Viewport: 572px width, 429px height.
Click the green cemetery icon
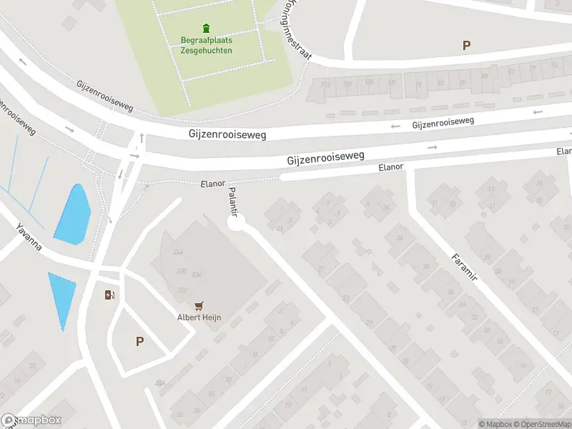[x=207, y=29]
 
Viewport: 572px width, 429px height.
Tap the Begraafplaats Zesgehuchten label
[x=206, y=45]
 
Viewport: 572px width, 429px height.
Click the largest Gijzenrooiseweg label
[x=326, y=157]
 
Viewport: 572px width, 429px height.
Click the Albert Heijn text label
[x=198, y=317]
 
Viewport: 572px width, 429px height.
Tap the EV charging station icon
[x=109, y=295]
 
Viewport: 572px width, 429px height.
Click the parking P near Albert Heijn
[x=139, y=342]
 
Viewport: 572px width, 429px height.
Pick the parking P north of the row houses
[x=466, y=46]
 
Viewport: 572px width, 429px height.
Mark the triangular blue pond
[x=62, y=297]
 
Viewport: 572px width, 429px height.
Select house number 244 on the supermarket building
[x=178, y=252]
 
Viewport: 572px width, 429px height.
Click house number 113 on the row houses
[x=326, y=84]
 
